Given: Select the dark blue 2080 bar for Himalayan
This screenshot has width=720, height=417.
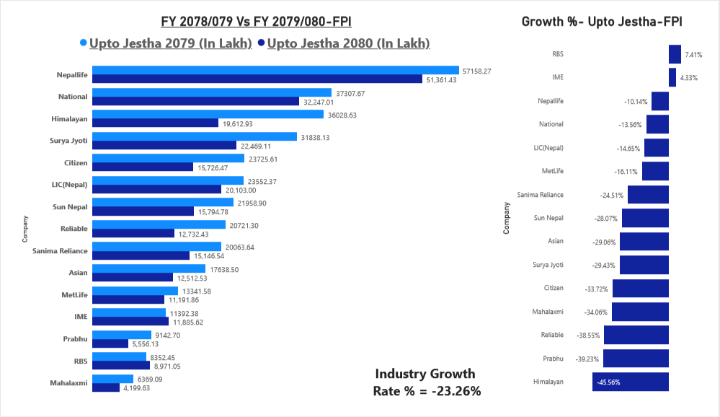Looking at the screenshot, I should point(156,123).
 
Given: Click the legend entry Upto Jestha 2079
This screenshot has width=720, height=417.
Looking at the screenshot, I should point(170,43).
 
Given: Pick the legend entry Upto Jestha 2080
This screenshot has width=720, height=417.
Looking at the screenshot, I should point(348,43).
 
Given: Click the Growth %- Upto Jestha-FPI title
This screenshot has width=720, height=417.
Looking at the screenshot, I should point(602,22).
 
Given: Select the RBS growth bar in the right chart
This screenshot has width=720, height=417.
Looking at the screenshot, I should point(675,54).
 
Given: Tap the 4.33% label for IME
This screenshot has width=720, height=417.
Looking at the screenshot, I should point(688,78).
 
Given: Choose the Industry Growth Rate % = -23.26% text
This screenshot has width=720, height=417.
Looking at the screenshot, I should point(427,382).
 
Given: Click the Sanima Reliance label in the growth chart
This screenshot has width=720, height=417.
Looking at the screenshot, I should point(540,195).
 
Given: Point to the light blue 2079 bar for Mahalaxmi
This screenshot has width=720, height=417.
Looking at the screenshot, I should point(113,379).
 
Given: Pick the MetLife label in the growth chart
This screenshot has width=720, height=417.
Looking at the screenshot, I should point(552,171).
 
